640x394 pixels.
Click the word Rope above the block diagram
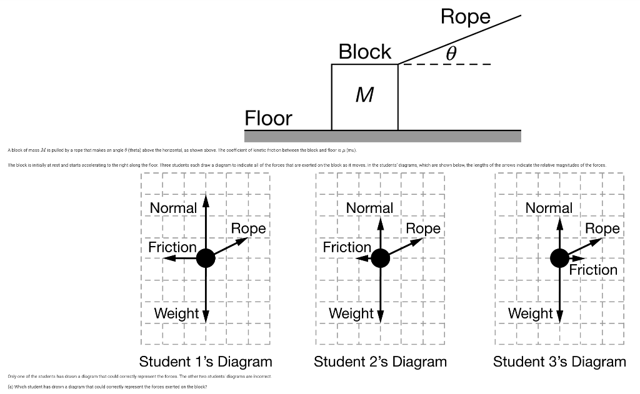(x=466, y=17)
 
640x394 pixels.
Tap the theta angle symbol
(x=451, y=53)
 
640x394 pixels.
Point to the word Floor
(x=268, y=118)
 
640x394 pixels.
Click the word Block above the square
(x=365, y=51)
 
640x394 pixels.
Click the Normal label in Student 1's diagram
(x=174, y=207)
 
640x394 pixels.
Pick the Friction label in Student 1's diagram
(x=172, y=248)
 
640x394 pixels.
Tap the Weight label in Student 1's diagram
(x=176, y=313)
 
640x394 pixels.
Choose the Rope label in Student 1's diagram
(x=249, y=229)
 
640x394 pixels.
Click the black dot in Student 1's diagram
(x=206, y=257)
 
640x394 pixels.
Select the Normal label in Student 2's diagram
(x=369, y=208)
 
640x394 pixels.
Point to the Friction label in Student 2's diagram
(x=347, y=248)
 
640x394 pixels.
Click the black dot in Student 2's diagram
(x=380, y=257)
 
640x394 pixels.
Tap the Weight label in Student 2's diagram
(x=351, y=313)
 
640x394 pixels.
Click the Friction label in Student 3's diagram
(x=593, y=270)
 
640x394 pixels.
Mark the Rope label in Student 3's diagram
(x=602, y=229)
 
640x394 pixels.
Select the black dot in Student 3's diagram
(x=559, y=257)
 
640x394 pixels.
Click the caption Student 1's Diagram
(x=206, y=362)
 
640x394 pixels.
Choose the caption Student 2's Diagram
(x=380, y=362)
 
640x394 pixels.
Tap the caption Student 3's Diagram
(x=559, y=362)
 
